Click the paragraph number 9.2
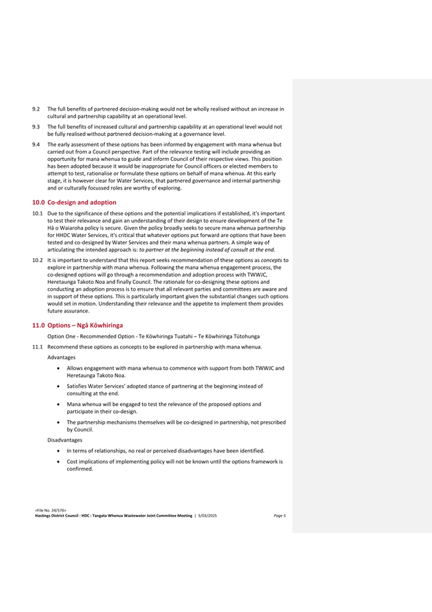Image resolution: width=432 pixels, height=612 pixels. click(x=37, y=108)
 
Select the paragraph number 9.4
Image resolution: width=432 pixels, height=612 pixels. click(x=37, y=145)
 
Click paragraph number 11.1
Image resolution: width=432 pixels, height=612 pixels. click(x=39, y=347)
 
